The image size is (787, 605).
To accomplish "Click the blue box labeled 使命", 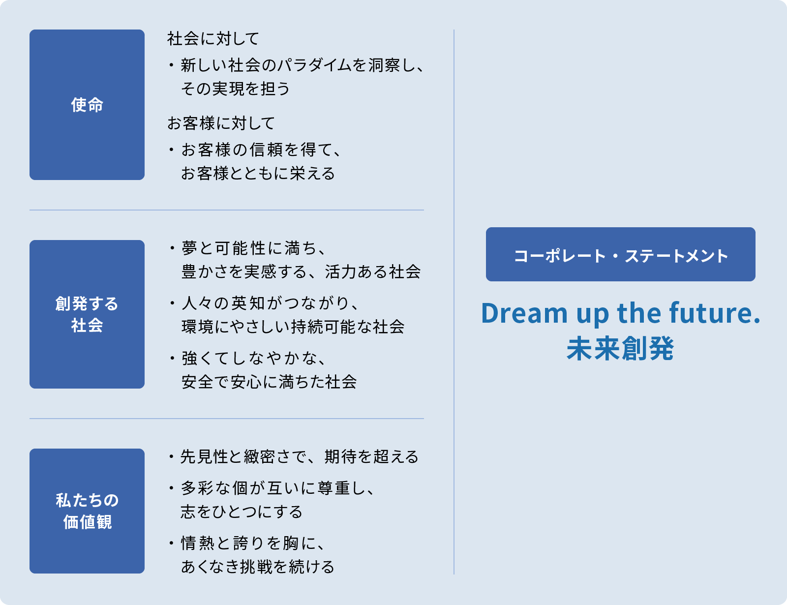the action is pyautogui.click(x=87, y=105).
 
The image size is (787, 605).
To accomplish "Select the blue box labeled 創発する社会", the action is pyautogui.click(x=87, y=314).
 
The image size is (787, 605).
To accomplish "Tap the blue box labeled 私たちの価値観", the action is pyautogui.click(x=87, y=511).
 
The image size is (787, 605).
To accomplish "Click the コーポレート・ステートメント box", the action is pyautogui.click(x=620, y=254).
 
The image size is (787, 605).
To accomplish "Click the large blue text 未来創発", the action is pyautogui.click(x=620, y=348).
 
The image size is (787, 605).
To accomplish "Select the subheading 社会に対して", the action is pyautogui.click(x=213, y=39).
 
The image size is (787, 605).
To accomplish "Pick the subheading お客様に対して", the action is pyautogui.click(x=221, y=123).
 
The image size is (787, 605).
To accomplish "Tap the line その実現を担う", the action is pyautogui.click(x=236, y=89).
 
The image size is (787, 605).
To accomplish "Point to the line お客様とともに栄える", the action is pyautogui.click(x=258, y=174).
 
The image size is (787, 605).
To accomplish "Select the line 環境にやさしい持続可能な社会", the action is pyautogui.click(x=293, y=327).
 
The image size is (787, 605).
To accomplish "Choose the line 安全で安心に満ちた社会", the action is pyautogui.click(x=269, y=382).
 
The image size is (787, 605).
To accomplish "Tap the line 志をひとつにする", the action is pyautogui.click(x=242, y=512).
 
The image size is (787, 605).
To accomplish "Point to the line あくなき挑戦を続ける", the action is pyautogui.click(x=258, y=567).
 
